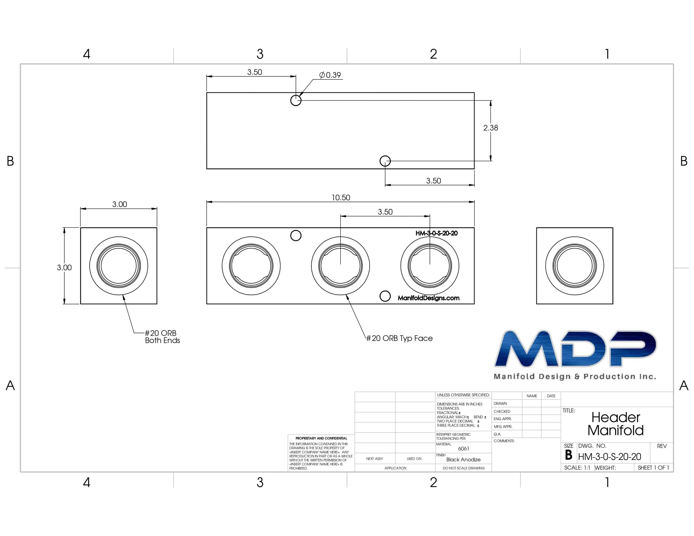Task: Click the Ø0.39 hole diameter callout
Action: [330, 75]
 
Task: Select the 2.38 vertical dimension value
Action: [491, 128]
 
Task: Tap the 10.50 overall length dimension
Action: [341, 198]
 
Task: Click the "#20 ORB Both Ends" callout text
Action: [162, 337]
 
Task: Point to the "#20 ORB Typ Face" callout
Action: [399, 338]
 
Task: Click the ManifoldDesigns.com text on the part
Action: [428, 298]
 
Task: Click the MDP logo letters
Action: [575, 348]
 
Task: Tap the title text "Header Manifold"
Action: [615, 424]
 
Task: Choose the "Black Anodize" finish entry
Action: [463, 459]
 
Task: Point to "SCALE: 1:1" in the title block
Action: [577, 468]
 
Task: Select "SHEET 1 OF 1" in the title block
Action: [653, 468]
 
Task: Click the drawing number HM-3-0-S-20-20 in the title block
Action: [609, 457]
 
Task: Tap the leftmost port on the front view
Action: [251, 266]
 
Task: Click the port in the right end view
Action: [574, 266]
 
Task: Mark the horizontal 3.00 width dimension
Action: [120, 204]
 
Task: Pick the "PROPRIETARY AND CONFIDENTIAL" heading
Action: [321, 438]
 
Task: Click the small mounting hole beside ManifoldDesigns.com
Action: [385, 296]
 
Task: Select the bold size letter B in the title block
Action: [568, 455]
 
